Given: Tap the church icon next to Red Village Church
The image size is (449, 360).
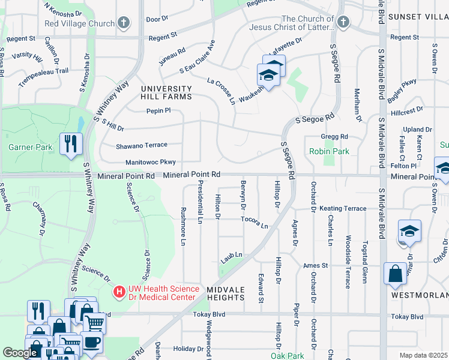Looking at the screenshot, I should click(124, 23).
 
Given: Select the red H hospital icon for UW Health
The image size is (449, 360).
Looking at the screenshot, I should click(119, 292).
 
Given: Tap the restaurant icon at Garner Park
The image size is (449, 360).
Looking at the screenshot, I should click(71, 143).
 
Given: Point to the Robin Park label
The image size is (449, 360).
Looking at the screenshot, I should click(328, 152).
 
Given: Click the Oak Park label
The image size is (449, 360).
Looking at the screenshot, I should click(288, 355).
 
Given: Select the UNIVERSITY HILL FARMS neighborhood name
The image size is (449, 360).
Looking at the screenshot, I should click(166, 93).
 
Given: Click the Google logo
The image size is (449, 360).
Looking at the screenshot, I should click(20, 353).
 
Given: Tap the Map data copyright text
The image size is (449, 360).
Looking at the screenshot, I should click(424, 355).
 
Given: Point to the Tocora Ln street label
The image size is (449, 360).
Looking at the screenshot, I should click(254, 221).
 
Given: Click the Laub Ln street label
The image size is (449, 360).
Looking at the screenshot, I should click(231, 255).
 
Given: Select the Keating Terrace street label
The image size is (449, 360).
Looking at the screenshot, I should click(343, 208).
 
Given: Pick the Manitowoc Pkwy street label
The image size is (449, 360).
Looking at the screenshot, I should click(150, 162).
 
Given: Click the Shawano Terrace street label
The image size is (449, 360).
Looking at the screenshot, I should click(142, 145).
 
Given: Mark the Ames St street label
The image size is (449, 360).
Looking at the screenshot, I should click(316, 265).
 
